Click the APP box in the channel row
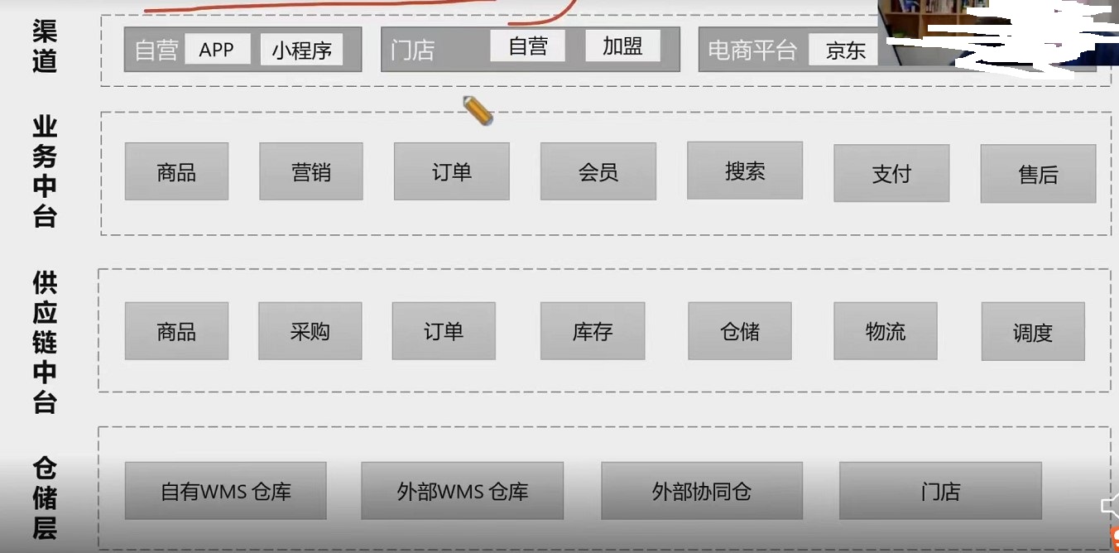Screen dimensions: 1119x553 click(x=218, y=49)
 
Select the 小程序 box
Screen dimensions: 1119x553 click(x=301, y=50)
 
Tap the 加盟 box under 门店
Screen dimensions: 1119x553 click(x=622, y=46)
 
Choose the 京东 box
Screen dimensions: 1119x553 click(x=843, y=50)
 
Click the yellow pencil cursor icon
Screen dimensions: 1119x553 click(x=478, y=111)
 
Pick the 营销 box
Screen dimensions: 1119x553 click(x=310, y=171)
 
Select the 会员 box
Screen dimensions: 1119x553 click(x=598, y=171)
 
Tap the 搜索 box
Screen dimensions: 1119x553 click(x=745, y=171)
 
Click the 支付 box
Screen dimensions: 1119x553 click(x=891, y=173)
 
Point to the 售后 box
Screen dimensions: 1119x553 click(x=1038, y=174)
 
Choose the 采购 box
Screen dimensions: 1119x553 click(x=310, y=330)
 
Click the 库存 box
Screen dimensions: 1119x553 click(x=593, y=330)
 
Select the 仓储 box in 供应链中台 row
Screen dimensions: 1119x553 click(x=740, y=330)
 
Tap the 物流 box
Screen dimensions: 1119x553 click(x=886, y=330)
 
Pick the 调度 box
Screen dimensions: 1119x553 click(x=1033, y=331)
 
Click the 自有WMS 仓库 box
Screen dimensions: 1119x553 click(x=226, y=491)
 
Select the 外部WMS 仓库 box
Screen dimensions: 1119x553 click(x=462, y=491)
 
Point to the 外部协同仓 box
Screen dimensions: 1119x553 click(x=702, y=491)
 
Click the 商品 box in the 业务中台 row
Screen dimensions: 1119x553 click(x=177, y=171)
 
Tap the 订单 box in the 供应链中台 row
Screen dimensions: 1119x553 click(x=444, y=330)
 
